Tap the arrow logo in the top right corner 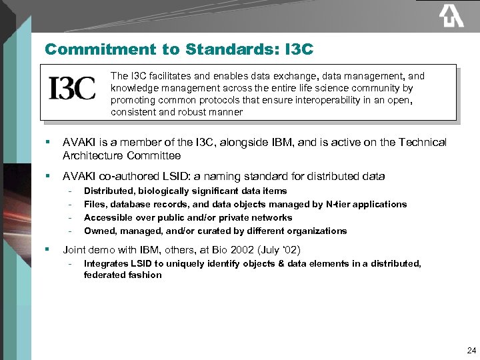(451, 15)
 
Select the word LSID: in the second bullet (176, 177)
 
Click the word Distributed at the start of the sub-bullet (108, 191)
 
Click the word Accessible (108, 218)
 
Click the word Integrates (106, 264)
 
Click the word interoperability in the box (309, 101)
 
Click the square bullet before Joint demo (47, 250)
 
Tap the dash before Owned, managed (70, 231)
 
